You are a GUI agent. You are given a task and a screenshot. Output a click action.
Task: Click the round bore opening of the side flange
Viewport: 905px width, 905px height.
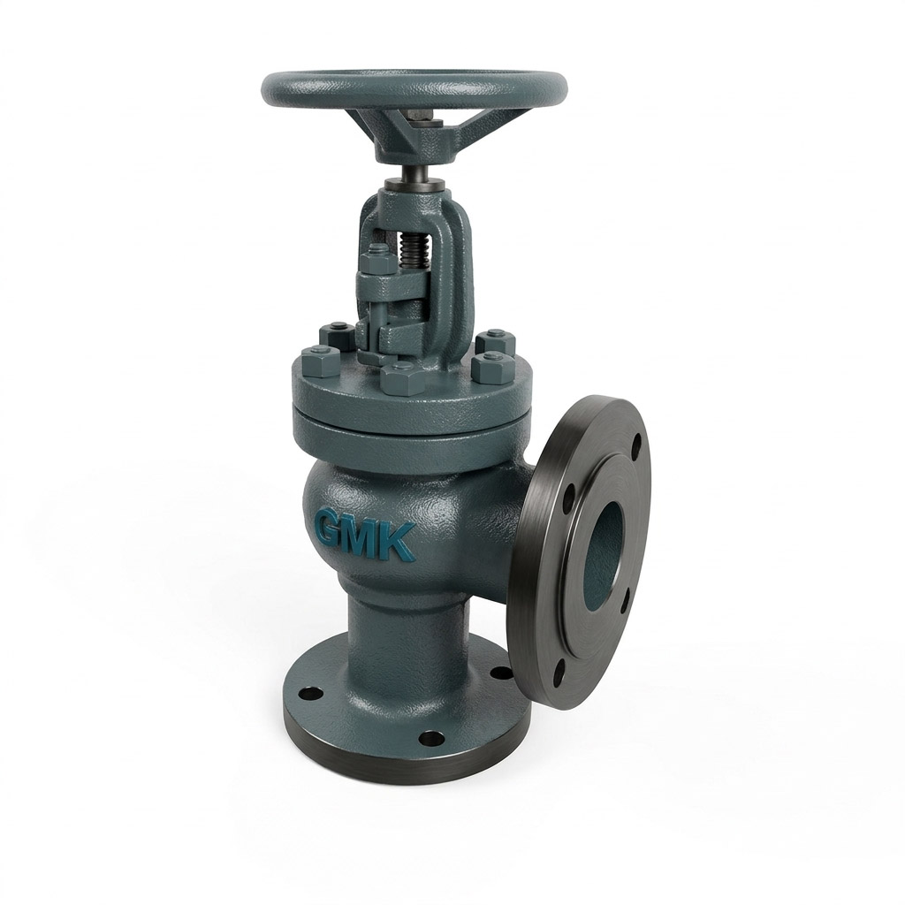(605, 544)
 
